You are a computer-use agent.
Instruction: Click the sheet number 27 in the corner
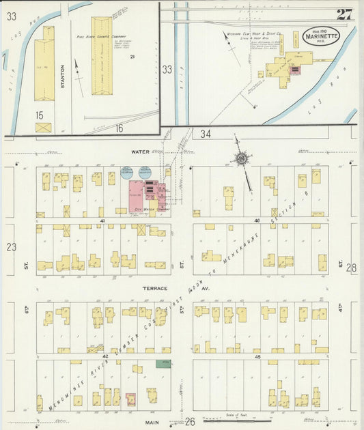[344, 14]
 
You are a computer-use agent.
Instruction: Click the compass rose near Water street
[241, 159]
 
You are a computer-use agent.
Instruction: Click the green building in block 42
[163, 363]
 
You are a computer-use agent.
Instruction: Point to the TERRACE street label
[155, 289]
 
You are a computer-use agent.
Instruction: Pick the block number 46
[257, 221]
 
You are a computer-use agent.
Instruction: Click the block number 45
[258, 356]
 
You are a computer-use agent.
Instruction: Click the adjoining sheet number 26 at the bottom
[191, 422]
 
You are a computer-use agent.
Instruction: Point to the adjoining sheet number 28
[351, 268]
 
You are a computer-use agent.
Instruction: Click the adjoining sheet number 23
[11, 247]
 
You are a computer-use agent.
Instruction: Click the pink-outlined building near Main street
[130, 399]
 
